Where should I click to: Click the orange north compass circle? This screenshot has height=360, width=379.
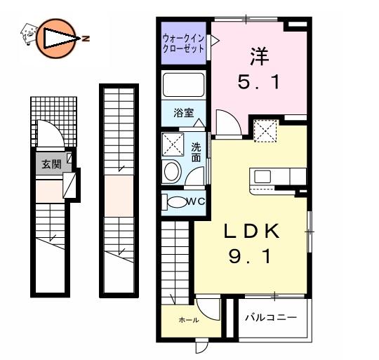pyautogui.click(x=55, y=38)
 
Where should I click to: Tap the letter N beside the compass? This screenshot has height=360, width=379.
pyautogui.click(x=86, y=38)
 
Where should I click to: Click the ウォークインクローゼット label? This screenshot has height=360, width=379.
pyautogui.click(x=184, y=44)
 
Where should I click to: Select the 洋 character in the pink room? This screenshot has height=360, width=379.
pyautogui.click(x=260, y=57)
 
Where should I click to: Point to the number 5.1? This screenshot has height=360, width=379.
pyautogui.click(x=258, y=81)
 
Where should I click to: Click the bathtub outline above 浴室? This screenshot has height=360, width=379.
pyautogui.click(x=183, y=85)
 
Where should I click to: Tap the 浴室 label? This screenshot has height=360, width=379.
pyautogui.click(x=184, y=113)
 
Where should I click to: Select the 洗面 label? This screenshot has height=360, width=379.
pyautogui.click(x=196, y=152)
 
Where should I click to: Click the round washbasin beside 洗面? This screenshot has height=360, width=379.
pyautogui.click(x=172, y=171)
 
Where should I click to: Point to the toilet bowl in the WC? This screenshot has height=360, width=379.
pyautogui.click(x=178, y=202)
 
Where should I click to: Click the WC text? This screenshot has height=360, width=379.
pyautogui.click(x=196, y=201)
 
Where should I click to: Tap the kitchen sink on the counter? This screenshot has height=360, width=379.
pyautogui.click(x=262, y=176)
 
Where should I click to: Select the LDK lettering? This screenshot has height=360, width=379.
pyautogui.click(x=252, y=231)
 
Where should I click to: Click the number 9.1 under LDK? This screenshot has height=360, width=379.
pyautogui.click(x=249, y=257)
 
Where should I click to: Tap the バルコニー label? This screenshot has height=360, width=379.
pyautogui.click(x=271, y=317)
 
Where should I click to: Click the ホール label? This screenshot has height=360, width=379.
pyautogui.click(x=189, y=320)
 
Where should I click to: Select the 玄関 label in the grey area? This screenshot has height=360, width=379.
pyautogui.click(x=51, y=164)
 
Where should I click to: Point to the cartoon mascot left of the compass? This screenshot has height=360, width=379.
pyautogui.click(x=29, y=34)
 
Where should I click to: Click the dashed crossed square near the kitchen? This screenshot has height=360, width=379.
pyautogui.click(x=265, y=131)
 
